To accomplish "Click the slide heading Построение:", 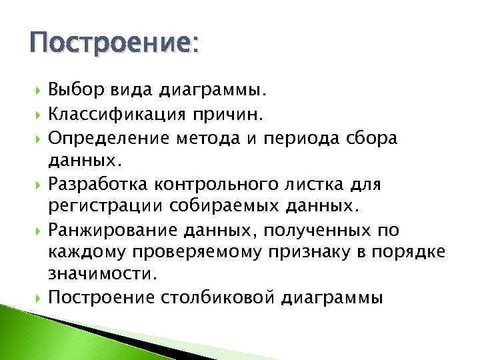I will point(113,46).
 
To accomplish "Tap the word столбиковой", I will point(221,297).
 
